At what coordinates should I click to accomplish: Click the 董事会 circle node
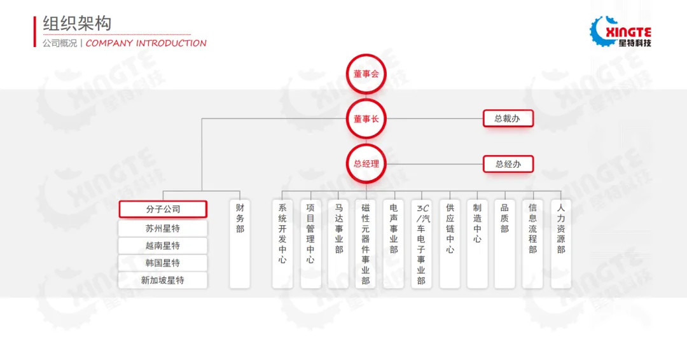pos(366,74)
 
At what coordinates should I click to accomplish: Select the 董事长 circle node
pos(366,118)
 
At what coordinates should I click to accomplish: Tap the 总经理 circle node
pos(366,163)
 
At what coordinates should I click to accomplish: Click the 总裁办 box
pos(508,118)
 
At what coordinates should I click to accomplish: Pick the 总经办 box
pos(508,164)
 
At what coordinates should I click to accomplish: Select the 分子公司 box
pos(163,209)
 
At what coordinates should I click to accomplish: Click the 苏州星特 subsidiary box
pos(163,228)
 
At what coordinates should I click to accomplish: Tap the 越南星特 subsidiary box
pos(163,246)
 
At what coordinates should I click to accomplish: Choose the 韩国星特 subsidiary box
pos(163,263)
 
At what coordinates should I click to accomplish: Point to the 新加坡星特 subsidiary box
pos(163,280)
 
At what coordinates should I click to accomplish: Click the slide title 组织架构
pos(77,24)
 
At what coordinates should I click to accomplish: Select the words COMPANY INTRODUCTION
pos(146,43)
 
